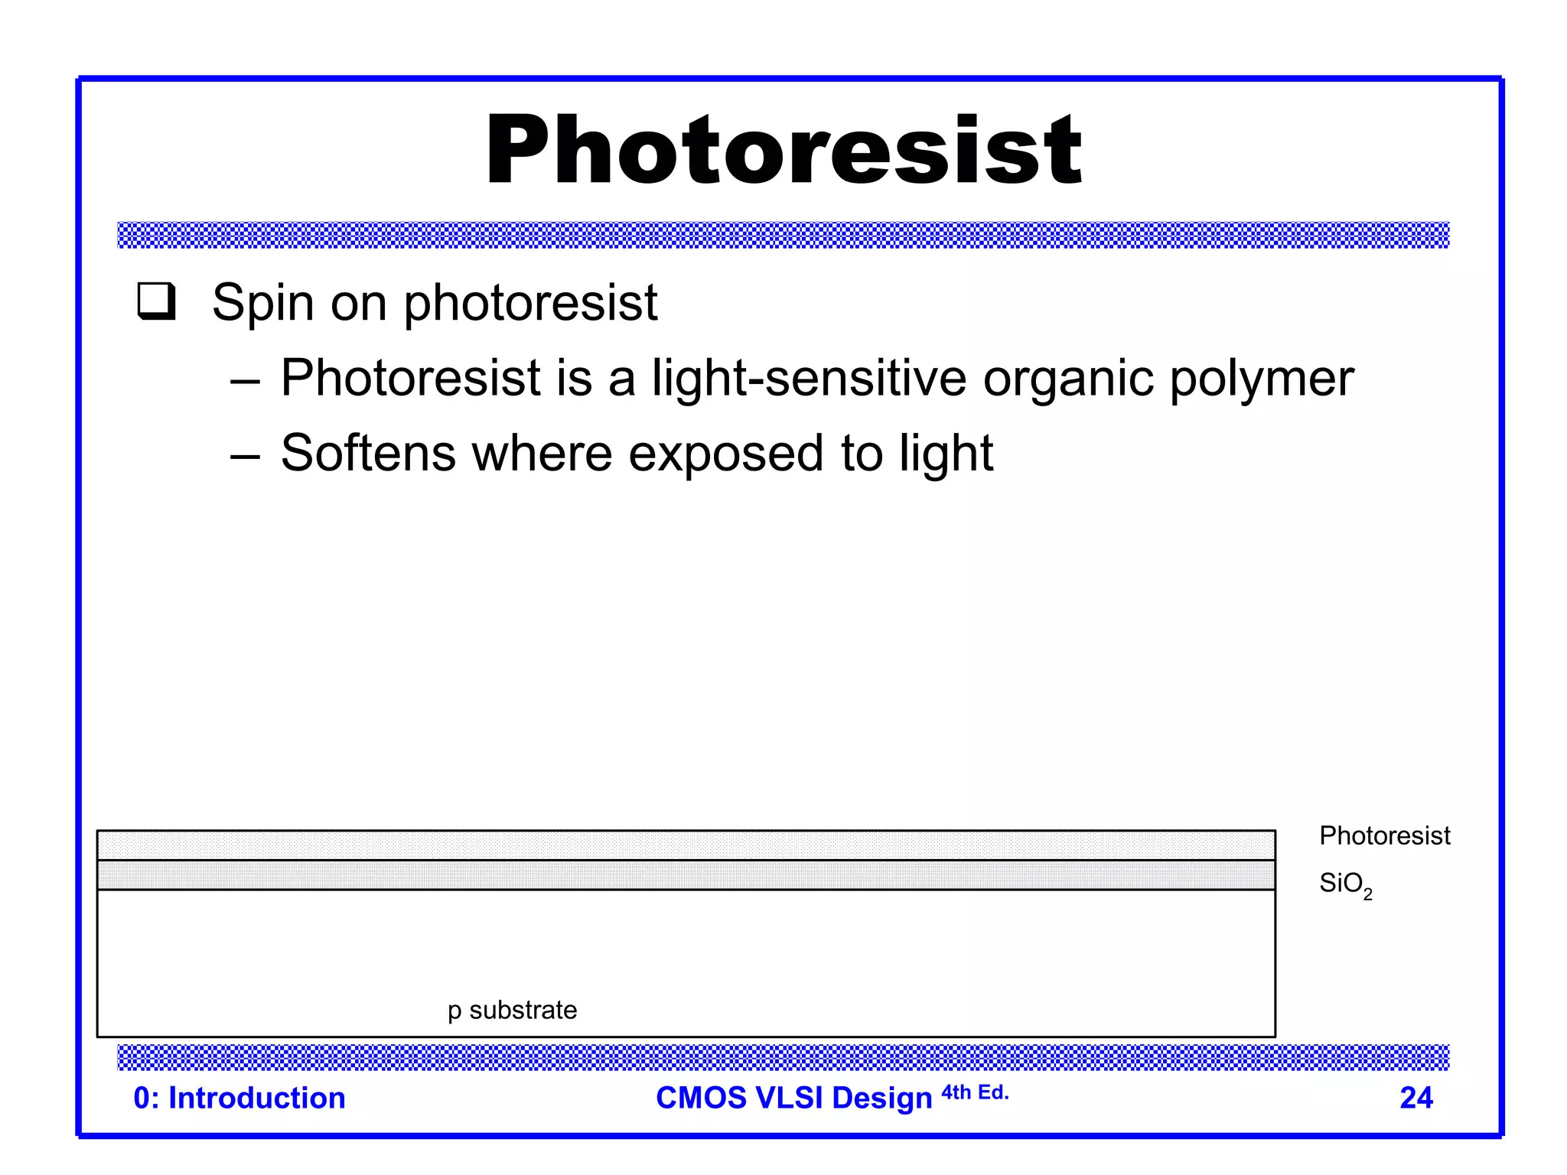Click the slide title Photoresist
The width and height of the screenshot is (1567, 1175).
tap(783, 150)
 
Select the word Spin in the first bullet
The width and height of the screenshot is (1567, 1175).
tap(262, 304)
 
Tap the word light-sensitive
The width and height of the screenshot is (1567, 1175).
tap(809, 379)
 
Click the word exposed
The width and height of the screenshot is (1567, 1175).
tap(725, 454)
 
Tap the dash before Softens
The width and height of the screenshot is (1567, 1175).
tap(245, 456)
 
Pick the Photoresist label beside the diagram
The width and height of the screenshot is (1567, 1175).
tap(1384, 835)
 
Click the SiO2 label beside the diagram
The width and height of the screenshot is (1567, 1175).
tap(1344, 884)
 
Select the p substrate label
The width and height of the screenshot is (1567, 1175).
tap(512, 1011)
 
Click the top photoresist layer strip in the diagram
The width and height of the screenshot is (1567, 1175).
tap(686, 845)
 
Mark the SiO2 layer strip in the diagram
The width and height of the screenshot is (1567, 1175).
tap(686, 875)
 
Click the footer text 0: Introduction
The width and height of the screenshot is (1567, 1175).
tap(239, 1098)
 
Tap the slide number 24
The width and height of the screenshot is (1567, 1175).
tap(1416, 1098)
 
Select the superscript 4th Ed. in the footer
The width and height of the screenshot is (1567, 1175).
tap(975, 1092)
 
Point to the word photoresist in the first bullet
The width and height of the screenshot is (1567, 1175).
tap(530, 304)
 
